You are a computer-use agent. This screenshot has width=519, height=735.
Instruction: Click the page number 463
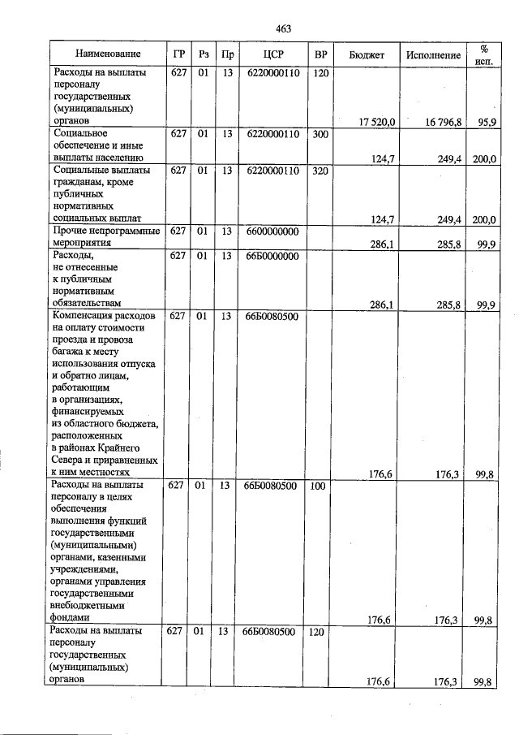point(283,28)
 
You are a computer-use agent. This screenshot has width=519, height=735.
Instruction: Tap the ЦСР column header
point(272,54)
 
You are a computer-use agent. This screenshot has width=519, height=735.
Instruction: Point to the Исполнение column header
point(434,55)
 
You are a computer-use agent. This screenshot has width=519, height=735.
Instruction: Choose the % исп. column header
point(484,54)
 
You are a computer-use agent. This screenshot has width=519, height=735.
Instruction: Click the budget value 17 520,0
point(376,121)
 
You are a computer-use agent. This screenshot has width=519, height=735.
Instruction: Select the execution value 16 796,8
point(443,121)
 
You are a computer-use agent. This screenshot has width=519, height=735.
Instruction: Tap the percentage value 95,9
point(487,121)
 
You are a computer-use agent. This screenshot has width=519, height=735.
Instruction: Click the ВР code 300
point(320,133)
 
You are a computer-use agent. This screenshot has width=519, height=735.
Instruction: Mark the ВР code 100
point(319,486)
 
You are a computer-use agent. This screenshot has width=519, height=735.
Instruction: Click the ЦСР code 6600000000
point(272,231)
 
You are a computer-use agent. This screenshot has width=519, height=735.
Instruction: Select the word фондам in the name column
point(68,617)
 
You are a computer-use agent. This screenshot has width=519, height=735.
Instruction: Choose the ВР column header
point(321,54)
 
